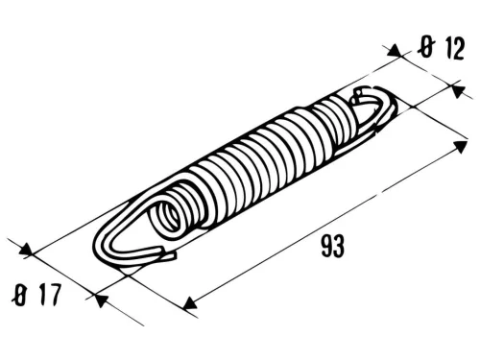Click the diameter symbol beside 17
coord(19,296)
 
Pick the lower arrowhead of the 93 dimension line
coord(191,303)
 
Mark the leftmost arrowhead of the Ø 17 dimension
coord(29,252)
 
